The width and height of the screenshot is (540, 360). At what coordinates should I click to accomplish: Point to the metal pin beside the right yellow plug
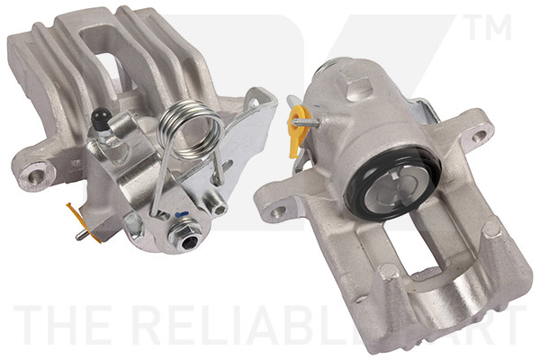(x=306, y=113)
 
